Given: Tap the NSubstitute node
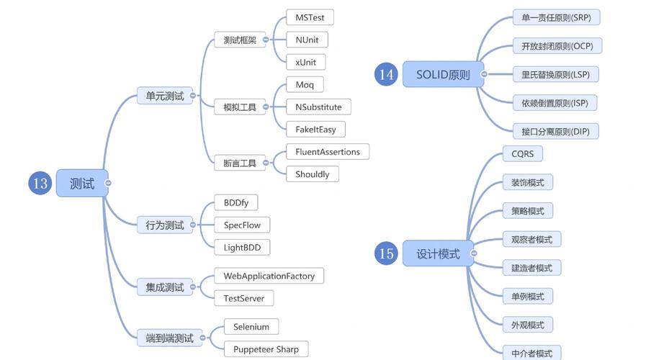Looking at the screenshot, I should click(x=318, y=107).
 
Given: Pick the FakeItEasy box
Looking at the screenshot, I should click(x=315, y=130).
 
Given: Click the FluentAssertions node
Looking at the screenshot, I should click(x=328, y=152).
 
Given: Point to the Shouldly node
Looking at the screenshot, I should click(x=312, y=174).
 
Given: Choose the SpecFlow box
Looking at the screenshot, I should click(x=242, y=225).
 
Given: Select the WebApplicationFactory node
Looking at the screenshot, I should click(x=269, y=276).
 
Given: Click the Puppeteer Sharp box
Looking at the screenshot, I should click(x=266, y=349).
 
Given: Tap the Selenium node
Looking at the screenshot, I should click(x=251, y=327).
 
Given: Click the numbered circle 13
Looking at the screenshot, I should click(x=40, y=184).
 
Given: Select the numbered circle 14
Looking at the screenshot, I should click(x=386, y=74).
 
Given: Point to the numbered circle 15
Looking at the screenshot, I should click(x=386, y=253).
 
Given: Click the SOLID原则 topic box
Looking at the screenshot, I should click(x=443, y=74).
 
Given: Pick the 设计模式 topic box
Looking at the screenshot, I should click(x=438, y=253).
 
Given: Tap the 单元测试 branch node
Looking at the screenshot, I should click(x=165, y=96).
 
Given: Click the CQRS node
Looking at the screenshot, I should click(x=522, y=154).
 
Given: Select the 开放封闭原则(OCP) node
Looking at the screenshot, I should click(x=557, y=46).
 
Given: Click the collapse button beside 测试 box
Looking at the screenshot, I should click(x=108, y=184).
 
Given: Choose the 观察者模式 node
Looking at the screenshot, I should click(x=531, y=239).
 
